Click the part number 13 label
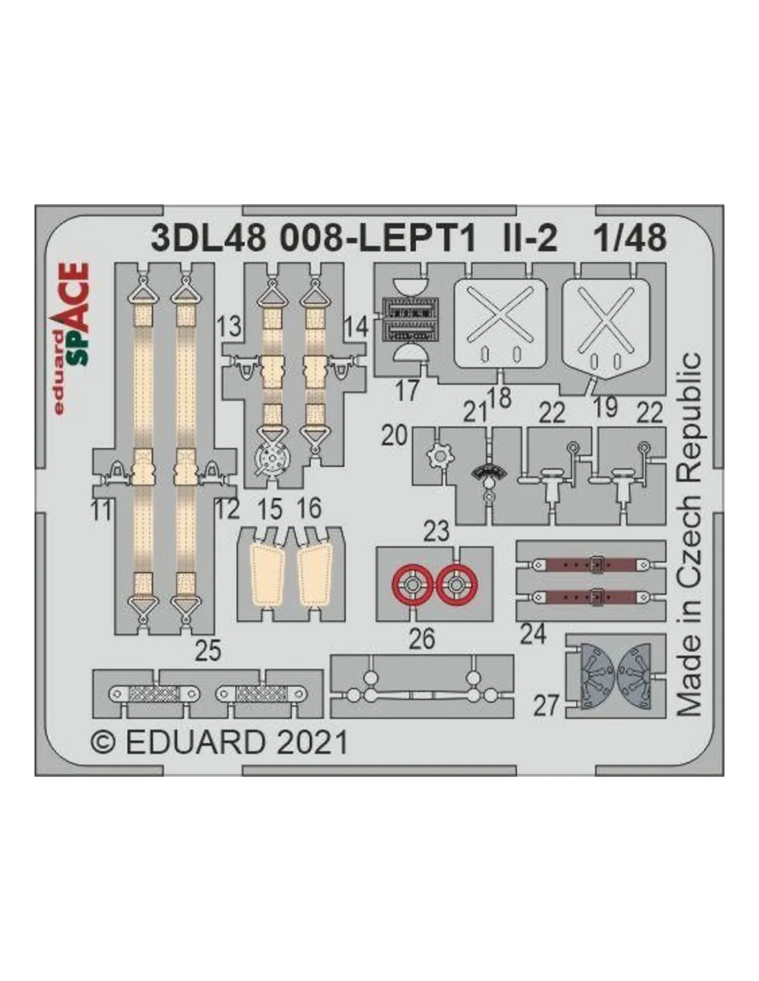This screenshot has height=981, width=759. [228, 326]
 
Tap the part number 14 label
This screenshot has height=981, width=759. [357, 326]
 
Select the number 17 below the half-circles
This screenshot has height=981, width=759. [407, 391]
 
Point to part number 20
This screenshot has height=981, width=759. [395, 435]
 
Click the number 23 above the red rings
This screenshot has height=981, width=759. [437, 532]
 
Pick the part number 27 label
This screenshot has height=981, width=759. [546, 706]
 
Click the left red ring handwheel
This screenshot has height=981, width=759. [411, 586]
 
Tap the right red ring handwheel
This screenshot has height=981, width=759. [456, 586]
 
